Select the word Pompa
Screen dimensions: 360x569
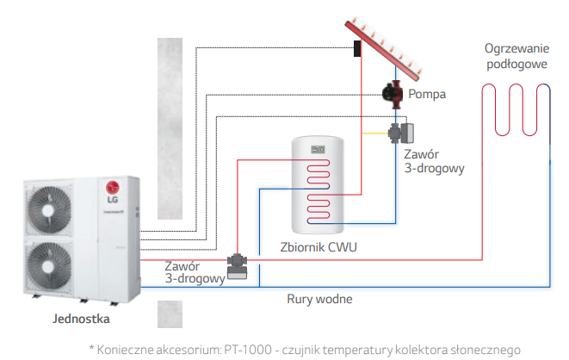[427, 94]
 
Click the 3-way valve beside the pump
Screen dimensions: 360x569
[399, 133]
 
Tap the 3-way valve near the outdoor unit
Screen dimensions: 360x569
[237, 261]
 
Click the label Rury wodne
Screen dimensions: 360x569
[319, 299]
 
